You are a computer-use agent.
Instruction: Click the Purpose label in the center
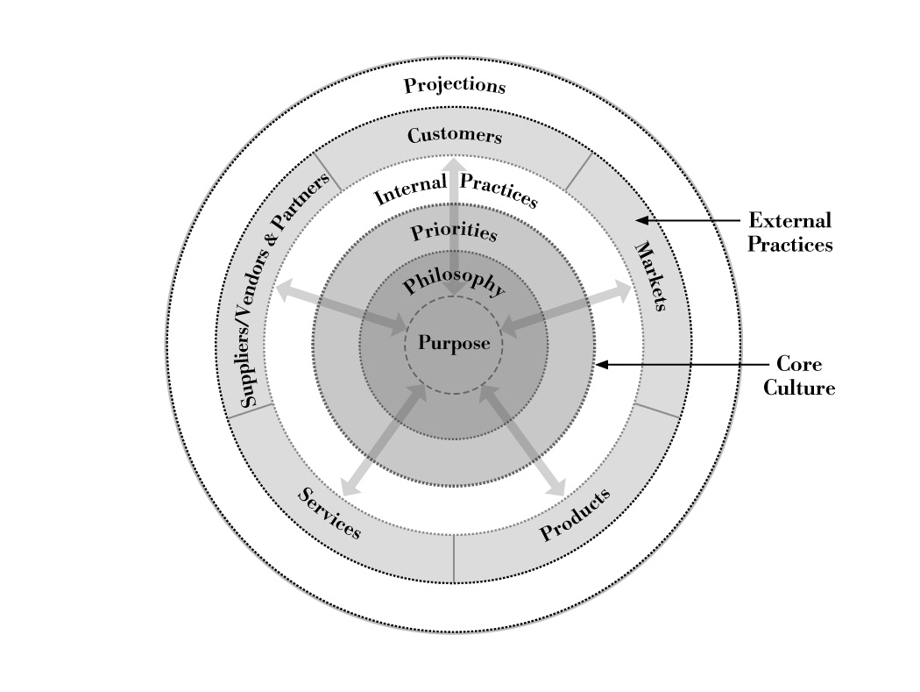pyautogui.click(x=453, y=343)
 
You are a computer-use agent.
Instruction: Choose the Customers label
pyautogui.click(x=454, y=136)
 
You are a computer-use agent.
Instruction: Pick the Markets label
pyautogui.click(x=650, y=275)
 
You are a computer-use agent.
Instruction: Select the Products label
pyautogui.click(x=575, y=516)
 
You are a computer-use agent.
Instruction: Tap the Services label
pyautogui.click(x=329, y=513)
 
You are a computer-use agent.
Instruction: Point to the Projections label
pyautogui.click(x=454, y=86)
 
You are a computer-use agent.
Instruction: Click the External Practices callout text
pyautogui.click(x=789, y=232)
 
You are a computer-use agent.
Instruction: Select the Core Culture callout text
pyautogui.click(x=798, y=375)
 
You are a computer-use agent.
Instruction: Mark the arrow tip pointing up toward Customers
pyautogui.click(x=454, y=164)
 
